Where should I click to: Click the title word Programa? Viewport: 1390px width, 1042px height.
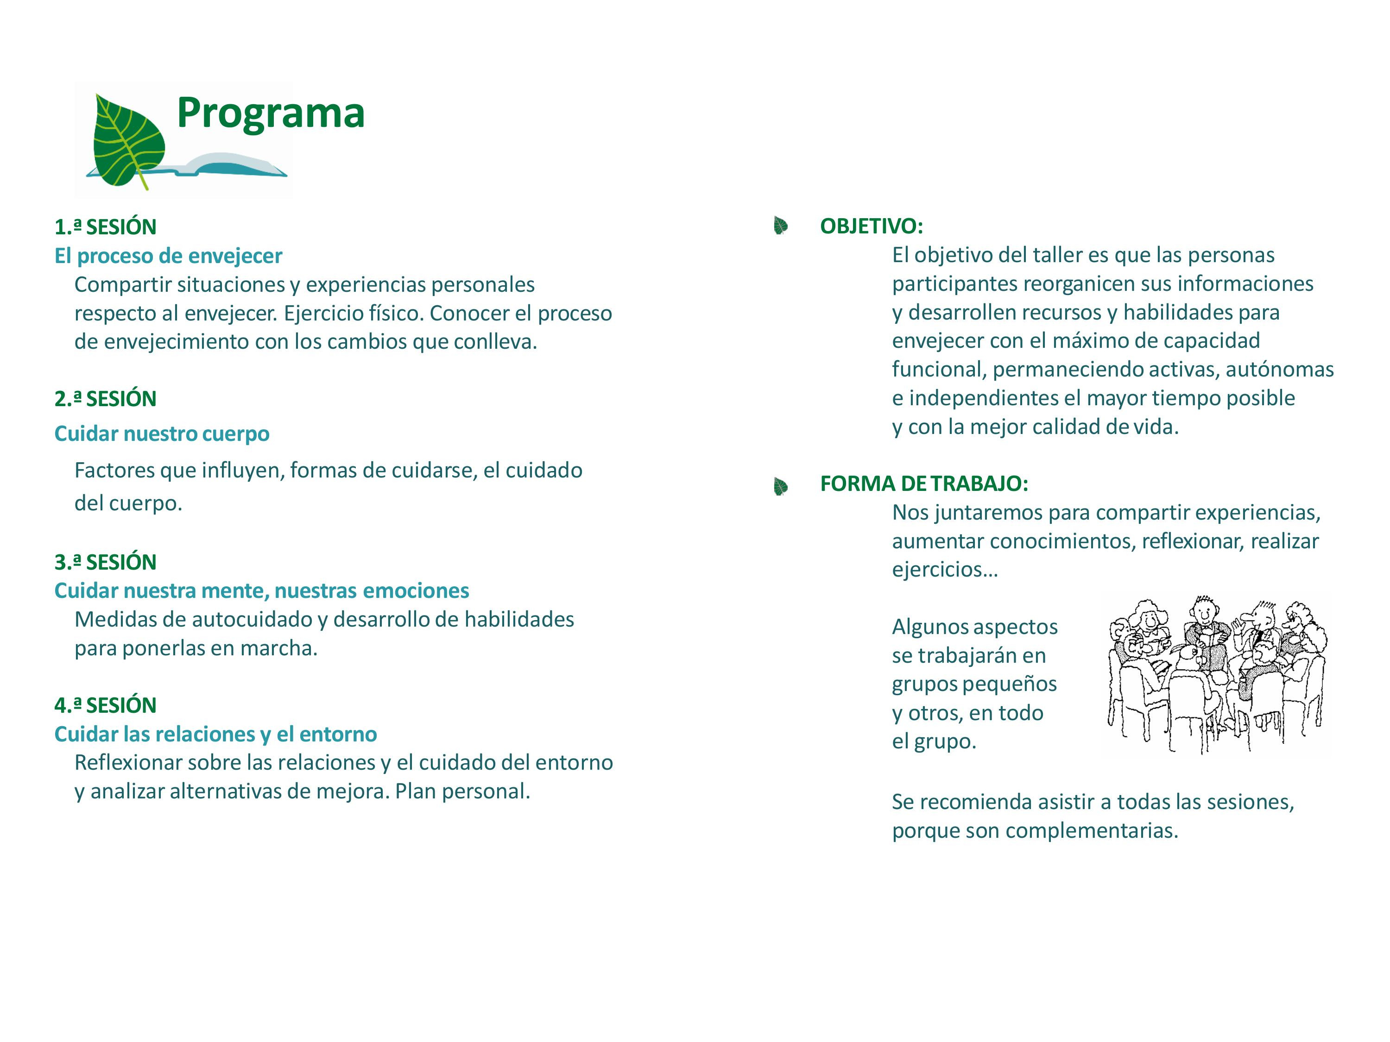pyautogui.click(x=270, y=113)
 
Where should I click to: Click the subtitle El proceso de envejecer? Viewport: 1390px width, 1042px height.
pyautogui.click(x=168, y=256)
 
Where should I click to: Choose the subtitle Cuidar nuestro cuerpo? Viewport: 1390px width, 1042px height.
pyautogui.click(x=162, y=433)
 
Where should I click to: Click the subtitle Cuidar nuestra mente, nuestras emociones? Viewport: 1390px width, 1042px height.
pyautogui.click(x=261, y=590)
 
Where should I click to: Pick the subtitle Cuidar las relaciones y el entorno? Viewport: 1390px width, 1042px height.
pyautogui.click(x=215, y=734)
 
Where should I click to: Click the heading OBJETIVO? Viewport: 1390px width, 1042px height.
pyautogui.click(x=871, y=226)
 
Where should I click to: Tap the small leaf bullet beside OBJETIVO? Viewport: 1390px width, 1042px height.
pyautogui.click(x=780, y=226)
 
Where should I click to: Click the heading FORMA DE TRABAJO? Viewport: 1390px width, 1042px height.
pyautogui.click(x=924, y=483)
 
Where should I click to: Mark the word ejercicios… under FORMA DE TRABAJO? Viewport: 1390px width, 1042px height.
pyautogui.click(x=944, y=570)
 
